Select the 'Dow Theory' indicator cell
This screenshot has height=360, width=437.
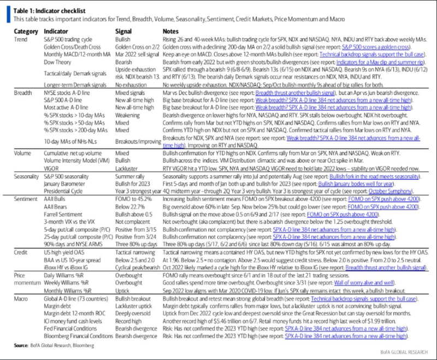58,63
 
